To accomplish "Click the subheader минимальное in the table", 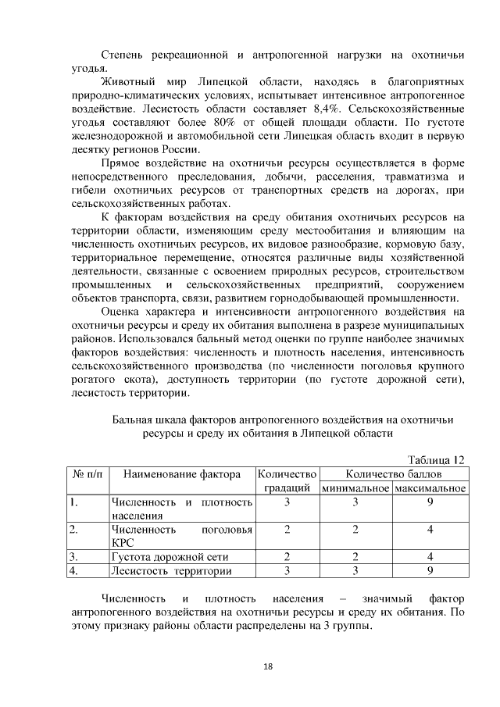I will [x=355, y=488].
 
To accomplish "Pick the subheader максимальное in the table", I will [x=430, y=488].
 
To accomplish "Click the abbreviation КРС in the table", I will [x=124, y=542].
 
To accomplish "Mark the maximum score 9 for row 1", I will [x=430, y=502].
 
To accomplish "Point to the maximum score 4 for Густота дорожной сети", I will [x=430, y=557].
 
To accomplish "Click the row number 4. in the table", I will [x=73, y=571].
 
